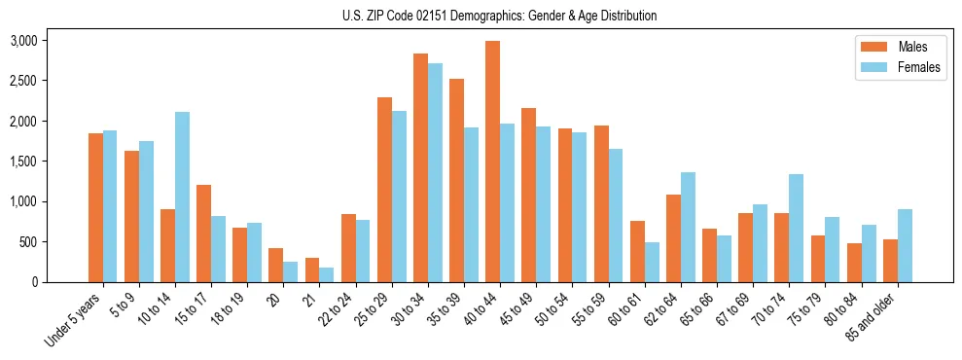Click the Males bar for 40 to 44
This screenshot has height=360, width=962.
coord(493,162)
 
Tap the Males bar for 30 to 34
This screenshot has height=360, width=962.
coord(421,167)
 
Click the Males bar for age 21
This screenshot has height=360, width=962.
coord(312,270)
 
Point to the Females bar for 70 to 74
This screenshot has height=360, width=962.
coord(796,228)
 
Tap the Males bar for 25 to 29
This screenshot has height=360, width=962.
coord(384,190)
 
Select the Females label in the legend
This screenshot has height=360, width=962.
coord(919,67)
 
